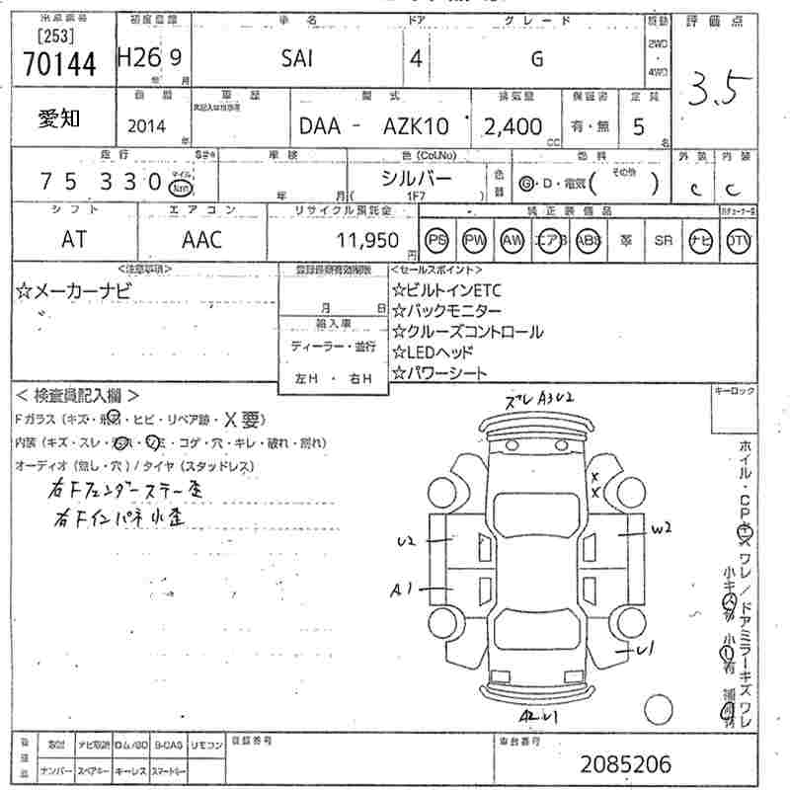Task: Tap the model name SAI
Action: pos(297,59)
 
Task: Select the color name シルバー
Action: pos(417,178)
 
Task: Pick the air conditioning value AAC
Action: pos(201,239)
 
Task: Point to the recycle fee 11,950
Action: pos(367,240)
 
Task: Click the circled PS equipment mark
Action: pos(436,240)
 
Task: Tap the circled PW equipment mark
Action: pos(475,240)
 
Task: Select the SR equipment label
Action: pos(662,240)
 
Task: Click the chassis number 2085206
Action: pos(625,763)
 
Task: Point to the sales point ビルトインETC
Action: pos(446,289)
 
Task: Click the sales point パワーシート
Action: pos(439,373)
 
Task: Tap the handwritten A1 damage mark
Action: pos(400,591)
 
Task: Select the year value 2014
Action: pos(147,126)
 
